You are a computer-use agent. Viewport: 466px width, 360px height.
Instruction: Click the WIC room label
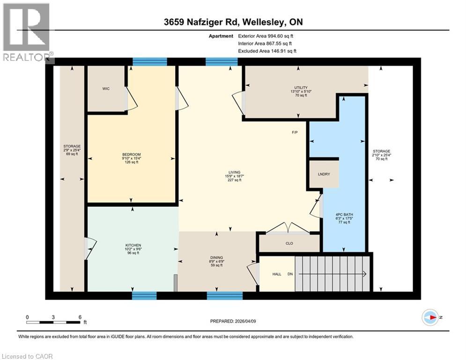(x=106, y=89)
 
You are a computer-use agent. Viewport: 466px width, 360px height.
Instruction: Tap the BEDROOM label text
(x=132, y=155)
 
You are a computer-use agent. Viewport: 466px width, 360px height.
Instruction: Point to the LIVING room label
(x=231, y=172)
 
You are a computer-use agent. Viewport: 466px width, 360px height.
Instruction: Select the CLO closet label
(x=289, y=244)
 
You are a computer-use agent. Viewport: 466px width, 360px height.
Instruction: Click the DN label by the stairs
(x=290, y=274)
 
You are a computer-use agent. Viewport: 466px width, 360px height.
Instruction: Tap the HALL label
(x=277, y=274)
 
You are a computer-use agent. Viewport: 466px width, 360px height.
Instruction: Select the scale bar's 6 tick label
(x=80, y=317)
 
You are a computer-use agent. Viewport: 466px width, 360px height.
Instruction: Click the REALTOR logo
(x=27, y=33)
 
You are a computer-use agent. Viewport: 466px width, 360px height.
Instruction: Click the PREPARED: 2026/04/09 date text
(x=233, y=321)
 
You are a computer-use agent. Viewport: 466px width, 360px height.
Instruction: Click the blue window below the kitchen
(x=144, y=295)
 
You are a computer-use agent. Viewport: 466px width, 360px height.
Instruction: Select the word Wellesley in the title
(x=256, y=22)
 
